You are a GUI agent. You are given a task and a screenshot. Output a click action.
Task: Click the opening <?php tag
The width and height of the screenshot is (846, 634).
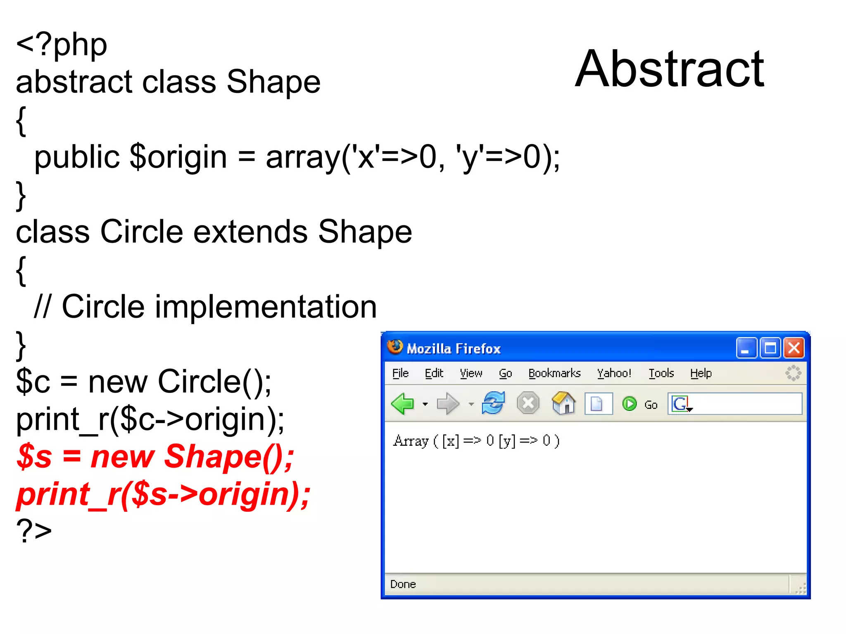62,45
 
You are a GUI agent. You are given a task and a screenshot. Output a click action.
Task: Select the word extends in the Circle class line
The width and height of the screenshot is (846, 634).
250,232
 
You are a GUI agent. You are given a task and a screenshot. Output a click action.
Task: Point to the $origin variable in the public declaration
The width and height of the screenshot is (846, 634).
178,157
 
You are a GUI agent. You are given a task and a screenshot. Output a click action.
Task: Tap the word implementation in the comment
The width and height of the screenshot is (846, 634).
266,307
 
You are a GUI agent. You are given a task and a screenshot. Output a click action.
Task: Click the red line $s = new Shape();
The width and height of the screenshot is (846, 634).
155,457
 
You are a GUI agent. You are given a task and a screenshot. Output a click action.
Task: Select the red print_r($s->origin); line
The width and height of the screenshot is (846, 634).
163,494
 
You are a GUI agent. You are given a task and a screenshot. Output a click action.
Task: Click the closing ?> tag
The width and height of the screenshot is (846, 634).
34,530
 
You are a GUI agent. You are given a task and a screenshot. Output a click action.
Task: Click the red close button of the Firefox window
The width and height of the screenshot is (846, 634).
794,348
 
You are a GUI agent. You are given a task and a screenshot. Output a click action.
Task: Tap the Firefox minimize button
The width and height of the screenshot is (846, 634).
746,348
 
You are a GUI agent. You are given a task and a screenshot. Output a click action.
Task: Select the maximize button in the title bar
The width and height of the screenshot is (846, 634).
770,348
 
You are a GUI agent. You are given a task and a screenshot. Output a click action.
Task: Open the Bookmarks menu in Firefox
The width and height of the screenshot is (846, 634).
554,374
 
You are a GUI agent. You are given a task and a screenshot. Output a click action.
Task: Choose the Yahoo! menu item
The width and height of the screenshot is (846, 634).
614,374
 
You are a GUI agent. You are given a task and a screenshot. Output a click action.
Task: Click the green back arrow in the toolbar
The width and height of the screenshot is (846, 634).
402,404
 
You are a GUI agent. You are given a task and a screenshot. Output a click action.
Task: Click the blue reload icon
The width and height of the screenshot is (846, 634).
493,403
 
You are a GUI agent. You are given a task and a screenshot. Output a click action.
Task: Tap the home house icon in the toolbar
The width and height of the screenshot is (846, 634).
563,403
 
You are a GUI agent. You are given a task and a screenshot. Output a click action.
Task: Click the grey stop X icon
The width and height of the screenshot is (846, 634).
528,403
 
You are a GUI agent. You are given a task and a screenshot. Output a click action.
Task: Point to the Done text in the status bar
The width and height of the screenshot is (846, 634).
403,584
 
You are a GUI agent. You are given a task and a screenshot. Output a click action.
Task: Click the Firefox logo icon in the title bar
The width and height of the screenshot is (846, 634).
395,347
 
